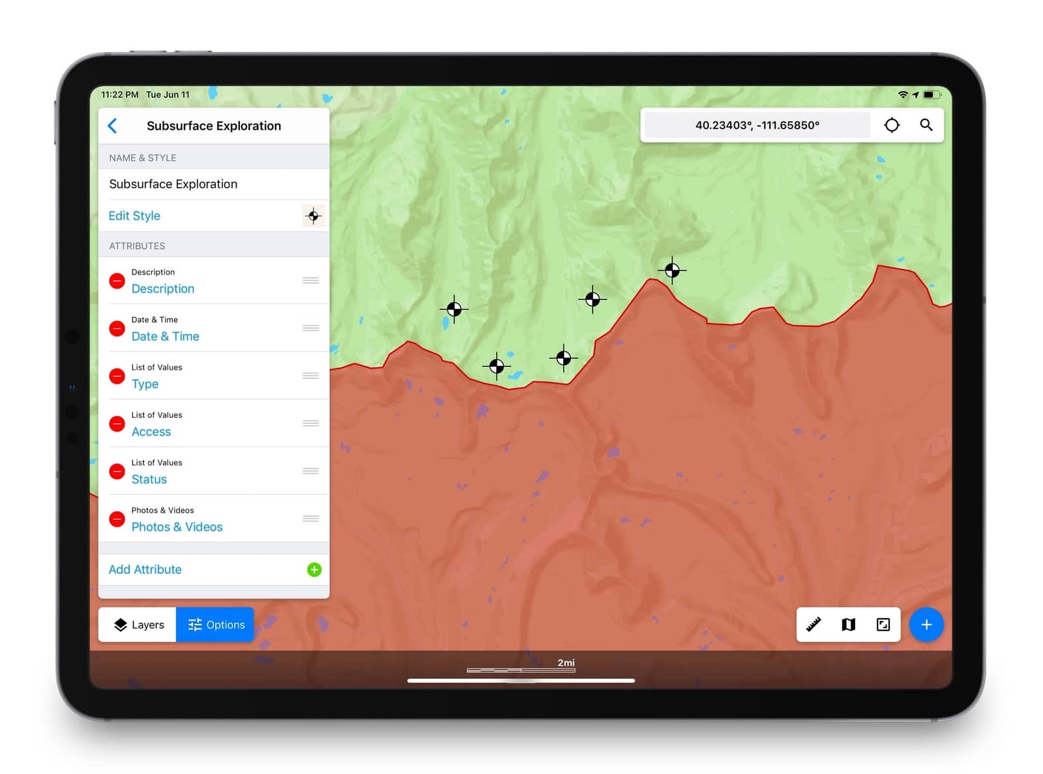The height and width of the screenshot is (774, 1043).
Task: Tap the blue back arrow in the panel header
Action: tap(113, 126)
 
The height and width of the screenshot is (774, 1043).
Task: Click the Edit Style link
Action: tap(134, 216)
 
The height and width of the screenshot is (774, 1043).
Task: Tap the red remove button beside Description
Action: tap(117, 281)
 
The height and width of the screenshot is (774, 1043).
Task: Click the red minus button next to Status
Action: tap(117, 471)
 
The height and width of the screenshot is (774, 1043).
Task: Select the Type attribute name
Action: tap(145, 384)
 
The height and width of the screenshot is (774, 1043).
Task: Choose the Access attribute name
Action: tap(151, 432)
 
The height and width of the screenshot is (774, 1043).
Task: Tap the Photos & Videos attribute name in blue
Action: tap(177, 527)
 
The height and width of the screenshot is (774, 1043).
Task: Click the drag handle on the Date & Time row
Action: tap(310, 328)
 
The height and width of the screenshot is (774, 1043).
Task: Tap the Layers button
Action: tap(138, 625)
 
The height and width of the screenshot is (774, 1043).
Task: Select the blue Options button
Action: tap(215, 625)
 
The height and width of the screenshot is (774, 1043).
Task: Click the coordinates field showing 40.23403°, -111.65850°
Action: tap(757, 125)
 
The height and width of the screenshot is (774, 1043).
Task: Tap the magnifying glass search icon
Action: tap(926, 125)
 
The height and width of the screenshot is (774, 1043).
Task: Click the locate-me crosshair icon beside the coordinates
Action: tap(892, 125)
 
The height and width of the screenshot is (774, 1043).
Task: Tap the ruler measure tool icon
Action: tap(814, 625)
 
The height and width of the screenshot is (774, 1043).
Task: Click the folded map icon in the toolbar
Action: tap(848, 625)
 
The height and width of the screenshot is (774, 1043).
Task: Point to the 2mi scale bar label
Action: tap(566, 662)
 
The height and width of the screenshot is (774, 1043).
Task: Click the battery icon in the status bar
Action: tap(931, 95)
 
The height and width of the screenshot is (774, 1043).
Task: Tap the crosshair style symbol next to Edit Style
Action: tap(314, 216)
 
